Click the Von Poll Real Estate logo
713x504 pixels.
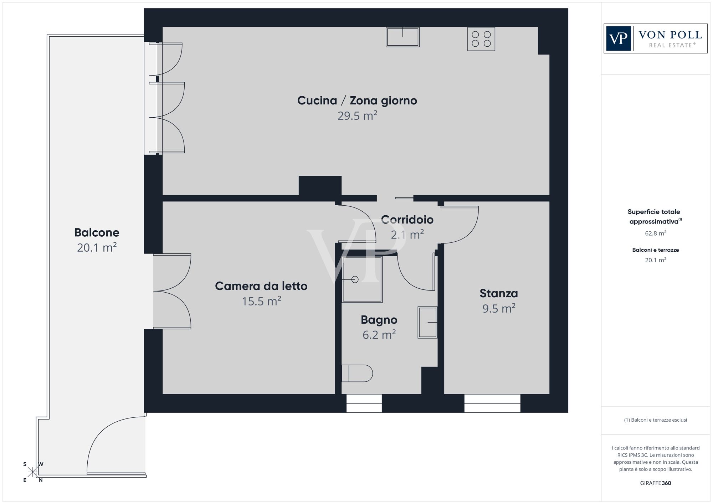tap(655, 38)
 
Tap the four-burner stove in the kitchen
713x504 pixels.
tap(481, 39)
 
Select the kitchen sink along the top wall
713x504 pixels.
tap(402, 37)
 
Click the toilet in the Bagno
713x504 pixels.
tap(357, 373)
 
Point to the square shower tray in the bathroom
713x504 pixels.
tap(362, 279)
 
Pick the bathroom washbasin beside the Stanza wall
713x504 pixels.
tap(427, 322)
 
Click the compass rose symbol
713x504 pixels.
tap(33, 472)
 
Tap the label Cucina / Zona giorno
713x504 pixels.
tap(357, 101)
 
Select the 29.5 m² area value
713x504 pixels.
tap(357, 115)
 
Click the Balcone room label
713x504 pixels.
tap(97, 232)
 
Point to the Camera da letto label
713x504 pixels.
tap(261, 286)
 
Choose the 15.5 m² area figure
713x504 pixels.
tap(261, 301)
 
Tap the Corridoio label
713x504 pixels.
tap(407, 220)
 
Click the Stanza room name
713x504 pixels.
tap(499, 293)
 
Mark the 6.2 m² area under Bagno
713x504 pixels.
tap(379, 335)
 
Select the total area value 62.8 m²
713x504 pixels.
tap(656, 233)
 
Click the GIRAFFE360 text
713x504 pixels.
tap(656, 483)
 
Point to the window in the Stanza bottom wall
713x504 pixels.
tap(492, 403)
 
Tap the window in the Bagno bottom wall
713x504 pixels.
tap(364, 403)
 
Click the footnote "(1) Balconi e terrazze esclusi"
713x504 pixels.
tap(656, 420)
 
